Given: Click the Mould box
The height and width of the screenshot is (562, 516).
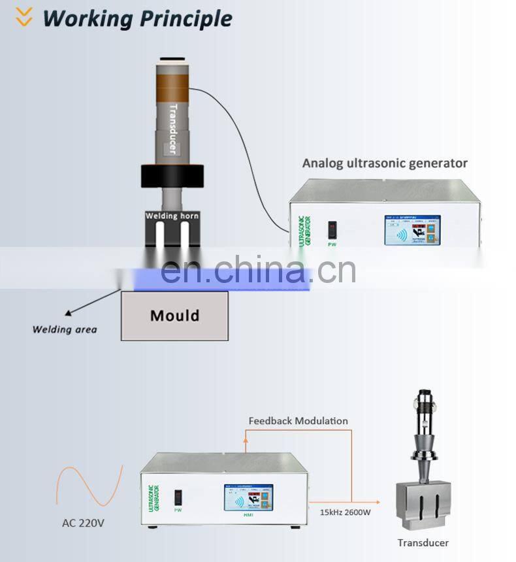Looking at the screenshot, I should (x=174, y=316).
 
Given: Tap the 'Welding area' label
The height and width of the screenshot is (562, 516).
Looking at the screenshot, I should (x=65, y=329).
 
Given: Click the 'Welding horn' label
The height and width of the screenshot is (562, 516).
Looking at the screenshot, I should (x=172, y=216).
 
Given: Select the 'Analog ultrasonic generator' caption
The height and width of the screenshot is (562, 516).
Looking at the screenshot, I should (x=385, y=163).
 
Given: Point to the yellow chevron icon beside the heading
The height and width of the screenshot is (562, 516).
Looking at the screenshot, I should (x=24, y=18).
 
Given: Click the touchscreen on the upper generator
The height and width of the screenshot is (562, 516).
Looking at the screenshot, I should (x=412, y=230).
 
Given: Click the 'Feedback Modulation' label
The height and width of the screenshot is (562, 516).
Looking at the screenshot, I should (x=298, y=421).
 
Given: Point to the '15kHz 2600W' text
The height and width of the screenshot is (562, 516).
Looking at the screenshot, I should (x=344, y=512).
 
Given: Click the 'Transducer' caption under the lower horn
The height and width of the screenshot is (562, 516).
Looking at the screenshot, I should (x=423, y=542).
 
